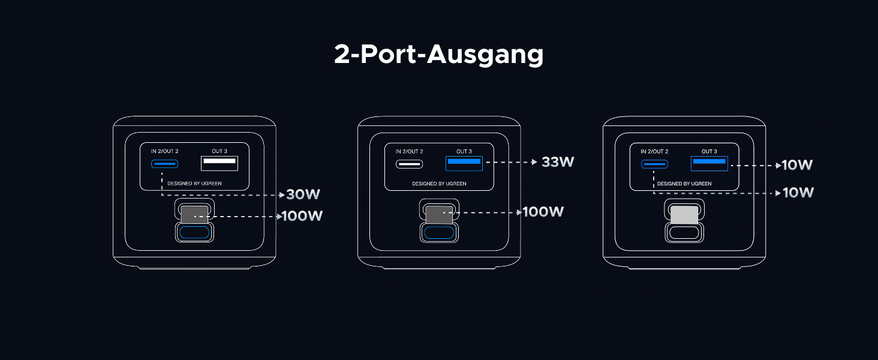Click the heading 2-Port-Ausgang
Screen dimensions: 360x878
coord(438,55)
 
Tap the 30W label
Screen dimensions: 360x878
coord(303,194)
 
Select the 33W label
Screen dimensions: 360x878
coord(558,162)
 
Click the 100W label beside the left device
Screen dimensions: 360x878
coord(302,216)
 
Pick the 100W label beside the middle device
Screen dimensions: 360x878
coord(543,212)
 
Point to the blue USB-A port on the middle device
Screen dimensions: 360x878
coord(464,163)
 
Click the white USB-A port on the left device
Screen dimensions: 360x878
coord(219,163)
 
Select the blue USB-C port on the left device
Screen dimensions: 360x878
coord(164,164)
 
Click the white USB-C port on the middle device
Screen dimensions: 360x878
coord(409,164)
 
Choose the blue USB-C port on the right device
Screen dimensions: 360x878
coord(654,164)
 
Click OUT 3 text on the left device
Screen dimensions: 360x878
coord(220,151)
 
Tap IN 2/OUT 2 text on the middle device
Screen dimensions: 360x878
coord(409,151)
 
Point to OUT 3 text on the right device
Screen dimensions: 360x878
coord(709,151)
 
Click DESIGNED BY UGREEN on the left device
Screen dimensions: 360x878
coord(194,183)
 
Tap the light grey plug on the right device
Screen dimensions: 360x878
coord(684,215)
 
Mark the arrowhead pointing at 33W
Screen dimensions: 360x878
coord(535,162)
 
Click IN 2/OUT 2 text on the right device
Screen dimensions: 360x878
coord(654,151)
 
